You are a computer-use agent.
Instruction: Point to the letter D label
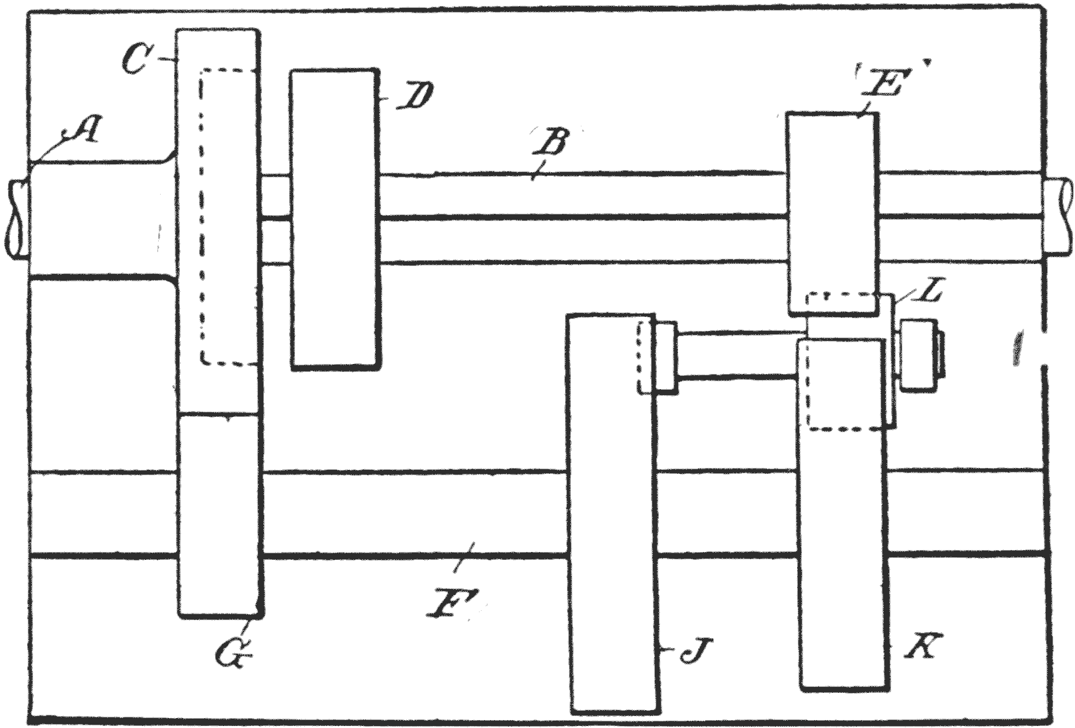click(x=415, y=97)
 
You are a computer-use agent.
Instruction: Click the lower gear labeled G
click(x=219, y=516)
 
